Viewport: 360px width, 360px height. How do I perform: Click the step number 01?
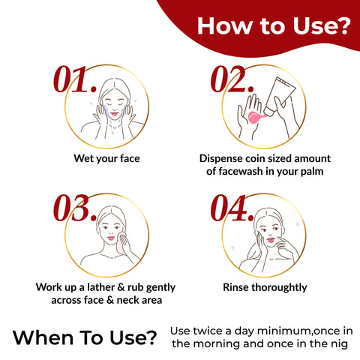point(75,79)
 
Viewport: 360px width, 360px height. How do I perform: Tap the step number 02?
point(232,79)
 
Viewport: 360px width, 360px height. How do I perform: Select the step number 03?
point(75,208)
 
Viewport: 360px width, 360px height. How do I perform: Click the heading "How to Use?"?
point(274,25)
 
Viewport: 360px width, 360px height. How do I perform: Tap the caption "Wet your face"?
point(106,158)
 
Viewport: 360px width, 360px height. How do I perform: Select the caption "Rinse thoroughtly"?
point(265,287)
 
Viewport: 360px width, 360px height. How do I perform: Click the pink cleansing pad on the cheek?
point(121,242)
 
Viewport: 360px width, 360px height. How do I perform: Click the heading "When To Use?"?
point(85,337)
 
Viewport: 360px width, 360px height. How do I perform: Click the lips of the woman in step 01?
point(114,114)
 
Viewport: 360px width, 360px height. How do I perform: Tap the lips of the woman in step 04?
point(271,240)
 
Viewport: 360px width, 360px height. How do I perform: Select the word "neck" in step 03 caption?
point(127,300)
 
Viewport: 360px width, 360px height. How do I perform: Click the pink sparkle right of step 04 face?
point(298,224)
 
